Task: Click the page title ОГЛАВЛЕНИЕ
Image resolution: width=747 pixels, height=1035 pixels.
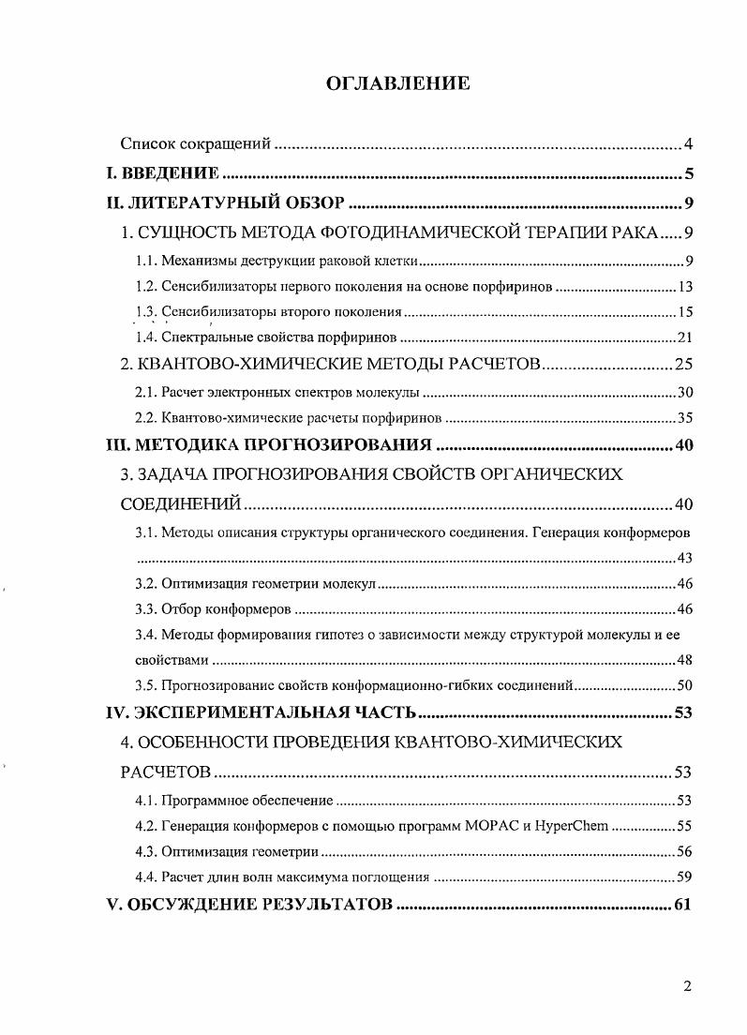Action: point(397,83)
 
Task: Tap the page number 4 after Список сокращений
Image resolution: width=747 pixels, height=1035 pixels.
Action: point(687,144)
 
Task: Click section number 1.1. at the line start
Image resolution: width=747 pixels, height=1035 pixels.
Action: point(145,262)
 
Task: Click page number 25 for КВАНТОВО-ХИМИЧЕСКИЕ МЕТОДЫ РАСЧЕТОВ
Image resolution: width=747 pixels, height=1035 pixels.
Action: point(682,365)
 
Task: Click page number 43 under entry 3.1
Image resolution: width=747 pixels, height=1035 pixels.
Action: point(684,559)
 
